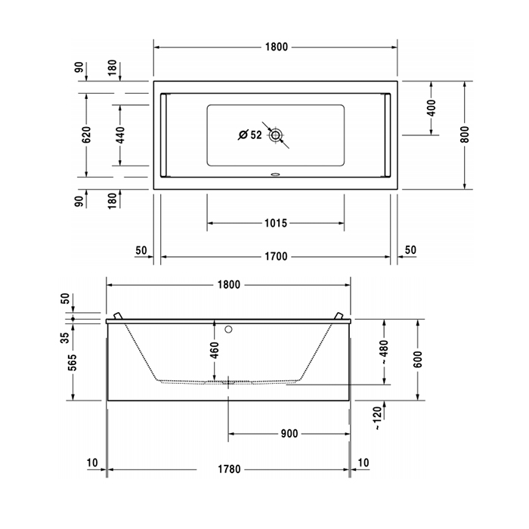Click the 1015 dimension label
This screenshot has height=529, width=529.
point(276,223)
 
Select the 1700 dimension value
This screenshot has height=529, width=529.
point(276,256)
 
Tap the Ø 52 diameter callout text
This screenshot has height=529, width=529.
point(249,135)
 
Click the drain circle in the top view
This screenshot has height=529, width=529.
point(277,136)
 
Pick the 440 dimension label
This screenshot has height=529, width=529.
point(119,135)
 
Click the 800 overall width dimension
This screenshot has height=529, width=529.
point(465,134)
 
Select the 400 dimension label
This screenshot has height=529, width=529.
point(432,107)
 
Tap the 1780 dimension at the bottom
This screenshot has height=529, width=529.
point(228,469)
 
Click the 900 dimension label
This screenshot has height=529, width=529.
point(288,434)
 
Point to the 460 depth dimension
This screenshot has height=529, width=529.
point(215,351)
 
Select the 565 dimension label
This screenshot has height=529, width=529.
point(73,363)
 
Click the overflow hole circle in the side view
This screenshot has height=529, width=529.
point(230,329)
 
